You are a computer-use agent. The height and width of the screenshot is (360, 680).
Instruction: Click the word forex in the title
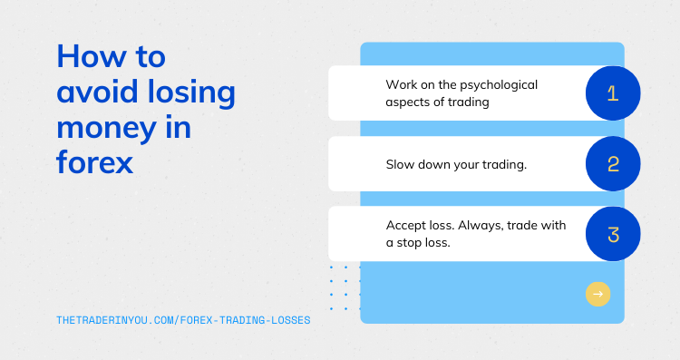tap(94, 165)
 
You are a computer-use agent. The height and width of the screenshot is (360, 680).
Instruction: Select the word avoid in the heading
tap(98, 92)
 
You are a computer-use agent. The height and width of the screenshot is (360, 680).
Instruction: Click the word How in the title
tap(88, 57)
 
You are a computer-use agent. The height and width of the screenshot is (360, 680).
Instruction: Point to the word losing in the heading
tap(191, 92)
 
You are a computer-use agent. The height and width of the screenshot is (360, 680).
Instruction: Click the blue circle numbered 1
tap(613, 93)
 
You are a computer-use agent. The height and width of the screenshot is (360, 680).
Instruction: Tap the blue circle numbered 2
tap(613, 164)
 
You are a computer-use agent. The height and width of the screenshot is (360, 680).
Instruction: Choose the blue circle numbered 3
tap(613, 235)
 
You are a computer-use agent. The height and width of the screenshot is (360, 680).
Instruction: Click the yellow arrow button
tap(597, 294)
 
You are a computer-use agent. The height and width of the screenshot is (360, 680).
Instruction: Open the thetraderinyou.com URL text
tap(182, 319)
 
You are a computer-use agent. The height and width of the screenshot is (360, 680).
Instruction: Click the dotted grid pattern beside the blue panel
tap(345, 287)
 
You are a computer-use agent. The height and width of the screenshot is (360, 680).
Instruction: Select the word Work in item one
tap(402, 84)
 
